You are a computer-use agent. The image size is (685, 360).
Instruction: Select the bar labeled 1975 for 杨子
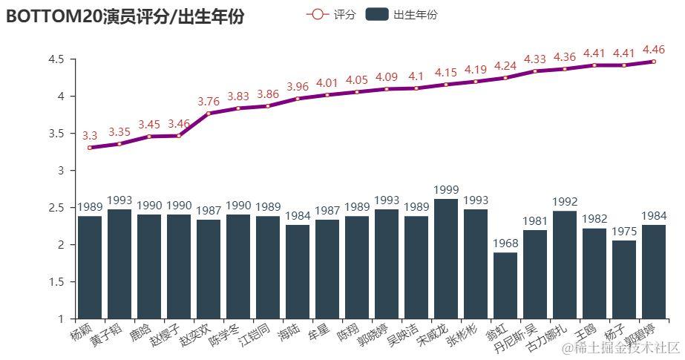tap(624, 279)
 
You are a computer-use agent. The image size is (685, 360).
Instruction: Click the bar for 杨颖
tap(90, 267)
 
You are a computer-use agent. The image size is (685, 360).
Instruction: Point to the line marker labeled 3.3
tap(90, 148)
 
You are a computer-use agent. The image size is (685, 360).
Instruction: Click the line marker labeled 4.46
tap(654, 62)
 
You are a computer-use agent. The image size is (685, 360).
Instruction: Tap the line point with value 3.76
tap(209, 114)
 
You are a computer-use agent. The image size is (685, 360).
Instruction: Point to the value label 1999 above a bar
tap(446, 191)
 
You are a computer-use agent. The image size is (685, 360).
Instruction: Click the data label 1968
tap(505, 244)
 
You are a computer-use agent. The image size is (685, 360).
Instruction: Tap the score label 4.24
tap(505, 65)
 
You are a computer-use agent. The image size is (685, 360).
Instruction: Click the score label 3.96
tap(298, 87)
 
